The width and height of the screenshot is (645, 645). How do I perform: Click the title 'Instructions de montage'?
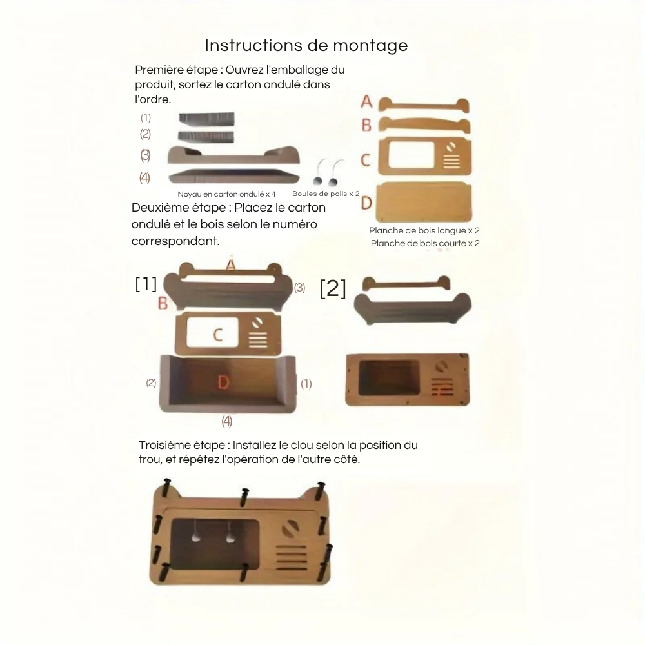click(306, 46)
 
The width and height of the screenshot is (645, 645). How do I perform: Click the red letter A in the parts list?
click(366, 101)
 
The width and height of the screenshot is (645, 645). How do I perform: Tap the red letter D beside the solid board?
click(366, 203)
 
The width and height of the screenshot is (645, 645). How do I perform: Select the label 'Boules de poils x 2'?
click(326, 193)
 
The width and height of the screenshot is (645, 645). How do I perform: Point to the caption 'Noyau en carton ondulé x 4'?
click(226, 194)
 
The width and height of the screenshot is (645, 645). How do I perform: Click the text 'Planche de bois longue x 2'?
click(424, 230)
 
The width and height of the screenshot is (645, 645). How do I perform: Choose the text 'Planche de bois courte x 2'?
click(425, 243)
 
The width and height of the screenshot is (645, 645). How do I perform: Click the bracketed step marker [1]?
click(146, 284)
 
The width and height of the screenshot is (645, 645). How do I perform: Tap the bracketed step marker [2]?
click(333, 289)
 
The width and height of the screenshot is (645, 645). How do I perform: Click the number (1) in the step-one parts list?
click(146, 118)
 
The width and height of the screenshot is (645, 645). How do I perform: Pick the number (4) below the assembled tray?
click(227, 421)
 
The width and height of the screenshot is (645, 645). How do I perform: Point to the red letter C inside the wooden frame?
click(218, 335)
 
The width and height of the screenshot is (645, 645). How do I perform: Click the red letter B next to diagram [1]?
click(163, 303)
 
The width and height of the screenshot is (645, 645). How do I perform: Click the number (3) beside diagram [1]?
click(299, 288)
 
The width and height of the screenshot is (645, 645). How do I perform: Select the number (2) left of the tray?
click(151, 383)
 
